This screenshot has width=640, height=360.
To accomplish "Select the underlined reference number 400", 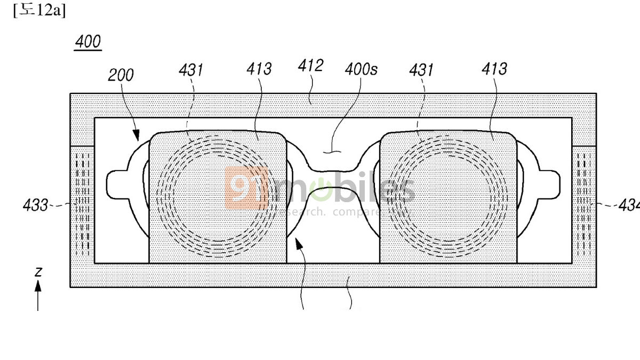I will point(87,42).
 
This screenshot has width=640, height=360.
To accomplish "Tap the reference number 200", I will point(121,75).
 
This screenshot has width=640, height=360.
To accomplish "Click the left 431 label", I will point(191,70).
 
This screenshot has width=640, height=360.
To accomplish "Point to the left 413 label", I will point(259,69).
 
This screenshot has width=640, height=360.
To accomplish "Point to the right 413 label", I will point(494,69).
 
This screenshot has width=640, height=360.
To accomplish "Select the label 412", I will point(310,66).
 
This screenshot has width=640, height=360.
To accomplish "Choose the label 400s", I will point(361,69).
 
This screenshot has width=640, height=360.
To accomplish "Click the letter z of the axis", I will point(38,271).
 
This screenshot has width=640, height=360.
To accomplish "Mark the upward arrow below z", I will point(38,296).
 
